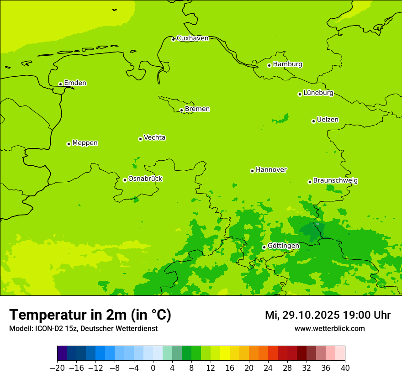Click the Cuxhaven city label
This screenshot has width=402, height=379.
pyautogui.click(x=192, y=38)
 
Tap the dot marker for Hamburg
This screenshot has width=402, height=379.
pyautogui.click(x=269, y=65)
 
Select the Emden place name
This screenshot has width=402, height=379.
pyautogui.click(x=75, y=83)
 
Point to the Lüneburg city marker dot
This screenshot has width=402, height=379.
pyautogui.click(x=300, y=94)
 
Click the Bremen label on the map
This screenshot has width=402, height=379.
pyautogui.click(x=197, y=109)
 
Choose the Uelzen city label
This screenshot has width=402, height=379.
pyautogui.click(x=328, y=120)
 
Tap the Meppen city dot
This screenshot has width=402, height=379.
pyautogui.click(x=69, y=144)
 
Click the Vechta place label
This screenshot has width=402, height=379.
pyautogui.click(x=154, y=137)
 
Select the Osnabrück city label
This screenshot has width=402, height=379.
pyautogui.click(x=145, y=179)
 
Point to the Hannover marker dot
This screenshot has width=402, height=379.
pyautogui.click(x=252, y=171)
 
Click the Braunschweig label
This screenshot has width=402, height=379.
pyautogui.click(x=335, y=181)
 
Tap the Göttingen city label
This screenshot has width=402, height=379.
pyautogui.click(x=283, y=246)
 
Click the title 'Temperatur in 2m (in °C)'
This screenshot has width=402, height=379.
pyautogui.click(x=90, y=315)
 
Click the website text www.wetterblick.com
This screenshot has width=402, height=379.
pyautogui.click(x=329, y=329)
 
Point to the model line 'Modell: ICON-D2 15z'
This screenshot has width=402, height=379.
pyautogui.click(x=83, y=329)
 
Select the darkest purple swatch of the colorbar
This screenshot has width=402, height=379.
pyautogui.click(x=62, y=353)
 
